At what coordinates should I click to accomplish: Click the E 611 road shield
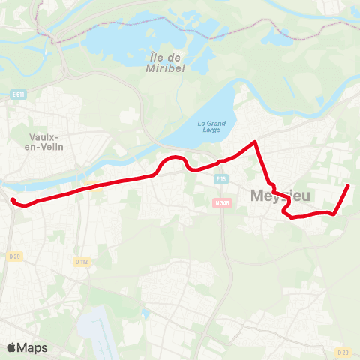click(19, 93)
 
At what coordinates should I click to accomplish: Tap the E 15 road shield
click(220, 179)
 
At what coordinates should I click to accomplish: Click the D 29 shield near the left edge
click(14, 256)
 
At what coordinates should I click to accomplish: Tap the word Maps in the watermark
click(33, 347)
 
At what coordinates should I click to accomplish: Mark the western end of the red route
click(13, 199)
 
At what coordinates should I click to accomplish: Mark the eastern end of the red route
click(349, 185)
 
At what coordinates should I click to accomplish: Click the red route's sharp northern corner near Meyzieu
click(256, 141)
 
